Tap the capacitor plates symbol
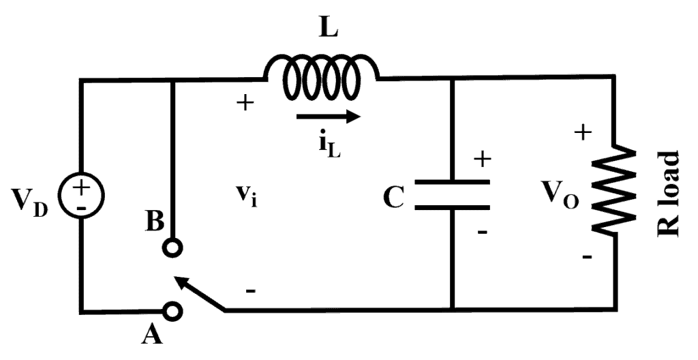point(452,194)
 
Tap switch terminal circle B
point(174,249)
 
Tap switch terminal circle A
point(174,311)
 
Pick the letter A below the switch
point(154,335)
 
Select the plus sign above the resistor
point(582,132)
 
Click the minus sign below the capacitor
point(482,232)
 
